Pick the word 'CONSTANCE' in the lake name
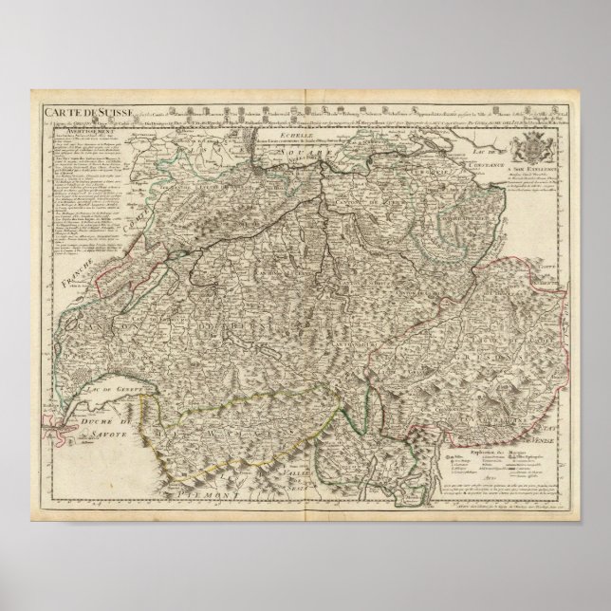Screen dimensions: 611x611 coord(484,169)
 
